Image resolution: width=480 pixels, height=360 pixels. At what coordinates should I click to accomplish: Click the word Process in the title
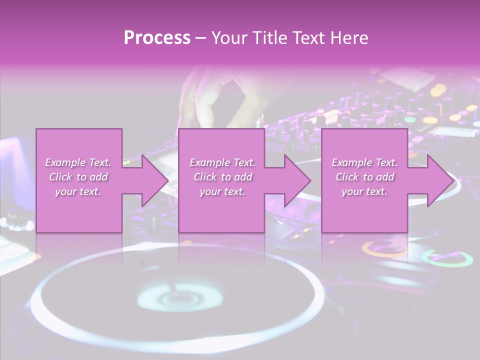point(157,38)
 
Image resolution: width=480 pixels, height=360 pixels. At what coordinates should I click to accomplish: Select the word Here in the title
point(349,38)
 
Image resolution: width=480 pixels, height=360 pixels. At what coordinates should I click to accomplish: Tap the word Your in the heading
point(229,38)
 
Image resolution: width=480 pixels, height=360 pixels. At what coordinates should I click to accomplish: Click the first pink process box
point(78,210)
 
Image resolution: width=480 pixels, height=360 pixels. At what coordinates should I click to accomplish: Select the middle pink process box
point(221,210)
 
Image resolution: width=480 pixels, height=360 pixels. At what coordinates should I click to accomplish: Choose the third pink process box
point(364,210)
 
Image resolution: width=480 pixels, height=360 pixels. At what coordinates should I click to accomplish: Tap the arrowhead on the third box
point(439,180)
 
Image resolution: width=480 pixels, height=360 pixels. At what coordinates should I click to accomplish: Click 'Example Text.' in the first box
point(78,162)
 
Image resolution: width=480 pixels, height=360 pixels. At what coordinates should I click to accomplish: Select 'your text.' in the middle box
point(222,191)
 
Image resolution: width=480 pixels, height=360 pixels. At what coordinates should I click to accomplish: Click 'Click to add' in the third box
point(365,177)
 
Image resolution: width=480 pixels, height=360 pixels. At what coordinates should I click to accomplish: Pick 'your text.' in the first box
point(78,191)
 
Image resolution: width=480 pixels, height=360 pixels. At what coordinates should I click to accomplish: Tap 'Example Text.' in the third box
point(364,162)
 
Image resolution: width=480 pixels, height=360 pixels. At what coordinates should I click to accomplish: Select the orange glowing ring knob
point(383,248)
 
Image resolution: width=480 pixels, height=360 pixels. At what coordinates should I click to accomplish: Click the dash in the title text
point(200,38)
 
